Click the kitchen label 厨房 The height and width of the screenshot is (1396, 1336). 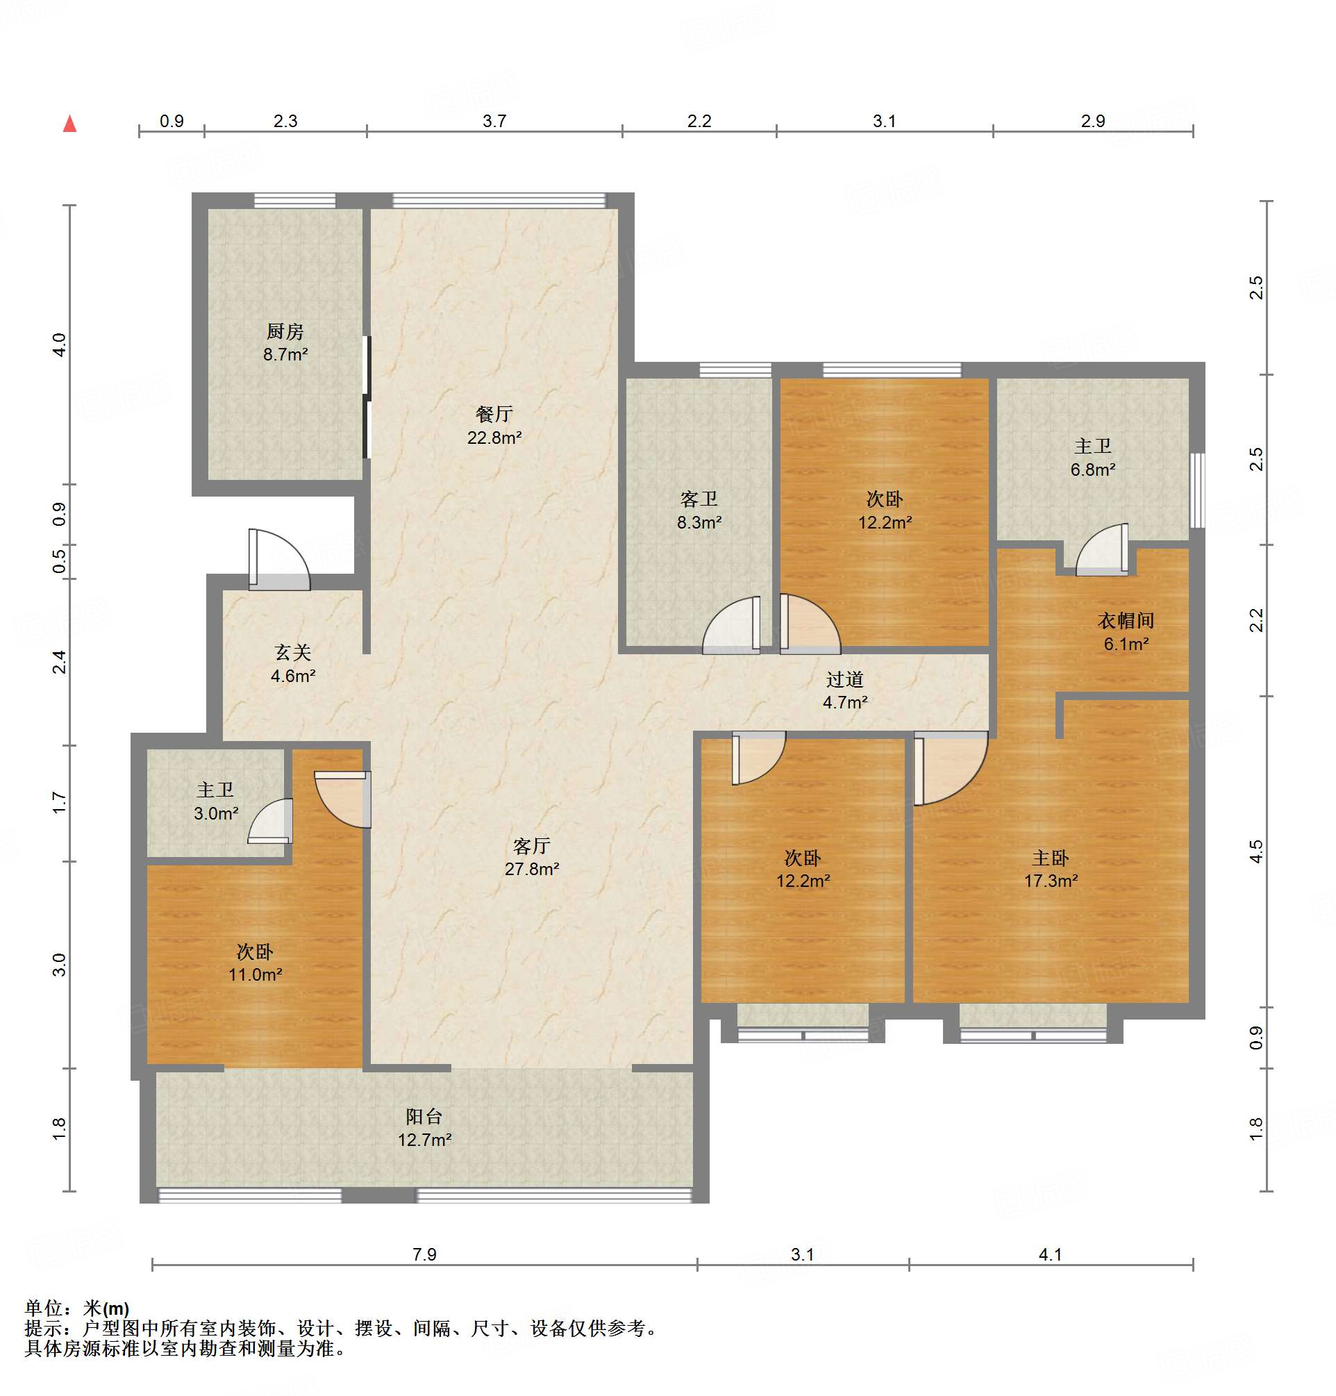click(285, 331)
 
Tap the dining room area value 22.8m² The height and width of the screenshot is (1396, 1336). click(494, 438)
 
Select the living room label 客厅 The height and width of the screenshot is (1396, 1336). click(531, 845)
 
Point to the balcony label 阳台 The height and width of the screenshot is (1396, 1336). click(424, 1116)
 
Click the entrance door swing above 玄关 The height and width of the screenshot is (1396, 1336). click(279, 560)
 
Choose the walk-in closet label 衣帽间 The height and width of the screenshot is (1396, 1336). click(1125, 620)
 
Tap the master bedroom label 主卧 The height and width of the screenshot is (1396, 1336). click(1051, 858)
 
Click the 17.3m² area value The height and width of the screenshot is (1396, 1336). click(1051, 881)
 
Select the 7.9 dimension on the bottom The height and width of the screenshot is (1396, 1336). click(424, 1254)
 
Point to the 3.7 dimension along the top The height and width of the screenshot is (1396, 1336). click(494, 121)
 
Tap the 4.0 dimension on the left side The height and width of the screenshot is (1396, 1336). click(60, 344)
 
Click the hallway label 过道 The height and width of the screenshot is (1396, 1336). click(845, 679)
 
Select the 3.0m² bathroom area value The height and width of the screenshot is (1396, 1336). click(216, 813)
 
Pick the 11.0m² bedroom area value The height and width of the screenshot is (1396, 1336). click(255, 974)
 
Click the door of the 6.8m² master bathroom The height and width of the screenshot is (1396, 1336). click(1101, 550)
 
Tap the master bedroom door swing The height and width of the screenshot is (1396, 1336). click(951, 768)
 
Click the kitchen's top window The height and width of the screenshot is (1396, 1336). click(294, 200)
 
